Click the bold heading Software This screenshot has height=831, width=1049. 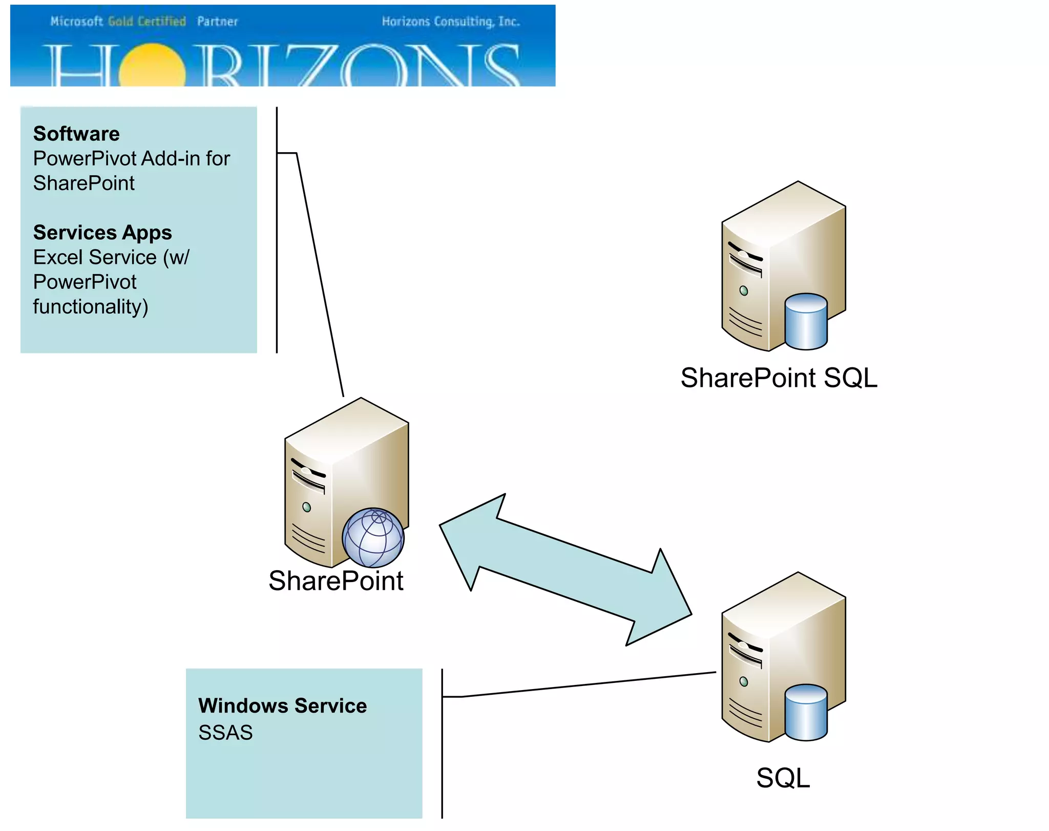pos(76,134)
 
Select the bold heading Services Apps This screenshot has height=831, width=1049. pos(102,233)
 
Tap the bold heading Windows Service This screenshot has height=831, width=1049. pos(282,705)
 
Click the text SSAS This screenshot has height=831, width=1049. pos(225,733)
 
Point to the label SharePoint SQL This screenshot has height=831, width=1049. pos(779,378)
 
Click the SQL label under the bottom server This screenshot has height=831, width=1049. pos(783,778)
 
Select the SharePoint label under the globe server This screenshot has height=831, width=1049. pos(336,581)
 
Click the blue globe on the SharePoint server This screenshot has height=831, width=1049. pos(373,538)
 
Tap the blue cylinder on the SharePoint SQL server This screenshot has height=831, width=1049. pos(806,321)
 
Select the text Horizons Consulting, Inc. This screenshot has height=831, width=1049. pos(451,22)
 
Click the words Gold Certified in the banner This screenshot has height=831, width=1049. pos(147,22)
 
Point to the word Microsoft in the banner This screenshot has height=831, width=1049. pos(77,22)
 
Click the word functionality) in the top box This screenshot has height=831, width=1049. pos(91,307)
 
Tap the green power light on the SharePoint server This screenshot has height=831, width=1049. pos(306,507)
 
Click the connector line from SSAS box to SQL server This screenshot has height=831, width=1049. pos(589,684)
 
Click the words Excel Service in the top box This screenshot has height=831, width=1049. pos(95,257)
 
